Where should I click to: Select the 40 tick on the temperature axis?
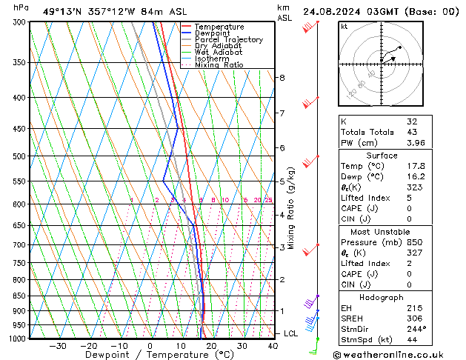[273, 346]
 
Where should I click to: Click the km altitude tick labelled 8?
[282, 78]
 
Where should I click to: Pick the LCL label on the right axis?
[291, 334]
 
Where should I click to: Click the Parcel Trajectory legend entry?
[228, 40]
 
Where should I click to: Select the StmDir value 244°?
[414, 329]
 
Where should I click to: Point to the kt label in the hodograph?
[344, 27]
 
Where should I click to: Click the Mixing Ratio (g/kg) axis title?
[291, 207]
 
